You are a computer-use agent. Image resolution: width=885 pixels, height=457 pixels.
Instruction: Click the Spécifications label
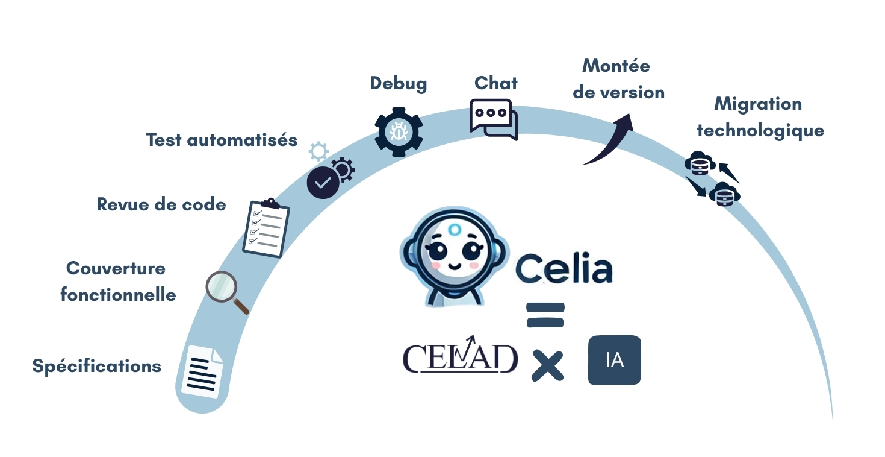pos(96,366)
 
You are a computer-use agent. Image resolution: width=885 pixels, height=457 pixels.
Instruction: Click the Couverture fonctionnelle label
pos(118,281)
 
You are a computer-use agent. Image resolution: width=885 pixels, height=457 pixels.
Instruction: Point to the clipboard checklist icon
pos(265,228)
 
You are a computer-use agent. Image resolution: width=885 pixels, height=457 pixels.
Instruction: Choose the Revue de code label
pos(161,204)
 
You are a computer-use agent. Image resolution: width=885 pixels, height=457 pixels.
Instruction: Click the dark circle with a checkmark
pos(323,182)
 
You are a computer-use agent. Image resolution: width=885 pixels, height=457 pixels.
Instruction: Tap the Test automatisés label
pos(222,140)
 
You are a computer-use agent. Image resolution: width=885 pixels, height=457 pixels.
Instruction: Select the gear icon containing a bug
pos(399,131)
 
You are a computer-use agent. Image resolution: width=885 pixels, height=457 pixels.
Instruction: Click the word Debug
pos(399,83)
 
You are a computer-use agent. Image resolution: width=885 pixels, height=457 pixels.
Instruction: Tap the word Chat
pos(496,83)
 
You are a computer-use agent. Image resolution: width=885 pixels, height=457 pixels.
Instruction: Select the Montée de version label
pos(618,78)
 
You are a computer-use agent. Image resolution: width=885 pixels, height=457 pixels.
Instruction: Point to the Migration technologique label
pos(760,117)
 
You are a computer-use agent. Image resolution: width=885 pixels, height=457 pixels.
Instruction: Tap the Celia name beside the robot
pos(564,269)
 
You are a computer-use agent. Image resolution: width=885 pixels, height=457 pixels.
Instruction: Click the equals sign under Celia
pos(545,315)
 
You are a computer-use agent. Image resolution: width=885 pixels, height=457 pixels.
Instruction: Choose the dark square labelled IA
pos(614,360)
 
